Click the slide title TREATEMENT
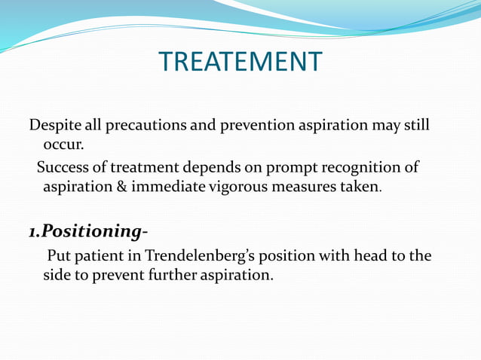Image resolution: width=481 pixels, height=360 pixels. [240, 62]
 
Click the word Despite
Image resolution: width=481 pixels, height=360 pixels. [54, 125]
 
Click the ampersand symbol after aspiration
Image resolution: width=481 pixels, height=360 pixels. [119, 186]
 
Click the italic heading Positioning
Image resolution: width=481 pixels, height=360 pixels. [87, 230]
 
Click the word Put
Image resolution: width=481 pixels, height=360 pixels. [60, 255]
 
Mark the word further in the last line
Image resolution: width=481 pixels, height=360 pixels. [173, 275]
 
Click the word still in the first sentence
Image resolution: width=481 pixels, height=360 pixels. [414, 125]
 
